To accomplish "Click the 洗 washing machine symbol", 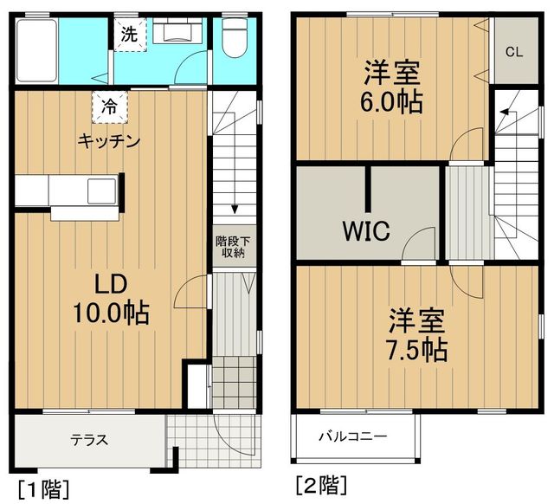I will coord(129,36).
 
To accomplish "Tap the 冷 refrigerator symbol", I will coord(110,107).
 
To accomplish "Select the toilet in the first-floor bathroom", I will coord(233,38).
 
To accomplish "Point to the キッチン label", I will coord(109,141).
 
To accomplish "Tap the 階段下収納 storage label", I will coord(230,247).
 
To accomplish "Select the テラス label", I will coord(90,439).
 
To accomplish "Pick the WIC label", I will coord(365,231).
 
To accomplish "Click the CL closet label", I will coord(514,52).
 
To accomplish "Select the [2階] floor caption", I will coord(321,482).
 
